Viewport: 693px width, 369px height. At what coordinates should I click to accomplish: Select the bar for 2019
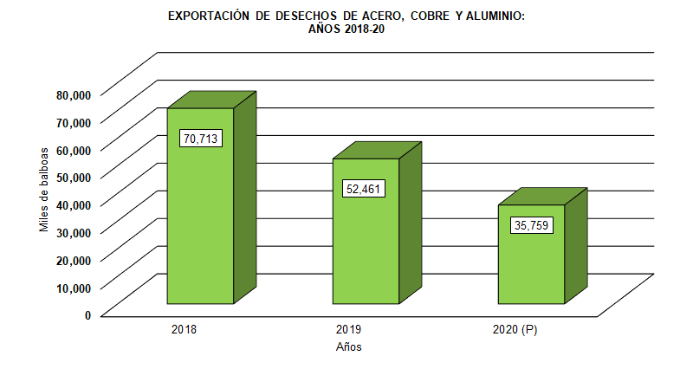point(366,251)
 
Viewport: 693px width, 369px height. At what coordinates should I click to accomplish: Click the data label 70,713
point(200,138)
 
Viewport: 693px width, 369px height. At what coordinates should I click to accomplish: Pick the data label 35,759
point(532,226)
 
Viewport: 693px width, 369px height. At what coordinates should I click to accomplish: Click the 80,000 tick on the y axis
point(74,94)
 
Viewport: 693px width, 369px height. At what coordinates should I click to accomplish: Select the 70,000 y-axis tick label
point(74,121)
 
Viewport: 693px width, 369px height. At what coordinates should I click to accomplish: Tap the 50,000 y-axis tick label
point(74,177)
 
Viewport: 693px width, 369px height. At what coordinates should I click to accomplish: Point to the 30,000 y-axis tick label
point(74,231)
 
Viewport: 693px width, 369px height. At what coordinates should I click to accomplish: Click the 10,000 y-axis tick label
point(74,287)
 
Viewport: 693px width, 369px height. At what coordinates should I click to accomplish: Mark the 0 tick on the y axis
point(87,314)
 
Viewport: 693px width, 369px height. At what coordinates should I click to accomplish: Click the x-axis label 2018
point(184,330)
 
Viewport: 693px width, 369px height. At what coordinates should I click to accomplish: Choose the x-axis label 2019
point(348,330)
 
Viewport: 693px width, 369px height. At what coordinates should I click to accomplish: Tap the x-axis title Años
point(348,347)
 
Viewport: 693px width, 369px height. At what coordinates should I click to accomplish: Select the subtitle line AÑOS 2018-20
point(346,29)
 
